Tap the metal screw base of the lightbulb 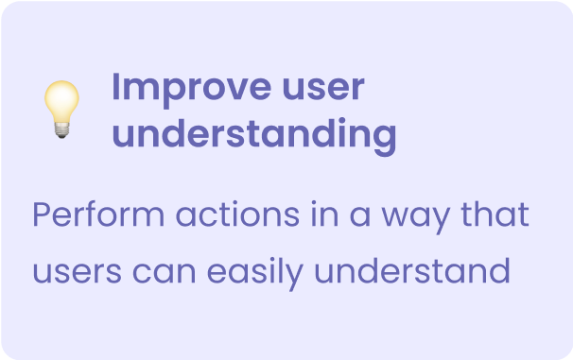[62, 131]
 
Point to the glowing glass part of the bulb [62, 100]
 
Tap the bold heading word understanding [253, 134]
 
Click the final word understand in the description [412, 272]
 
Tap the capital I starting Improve [116, 88]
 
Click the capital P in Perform [41, 215]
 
